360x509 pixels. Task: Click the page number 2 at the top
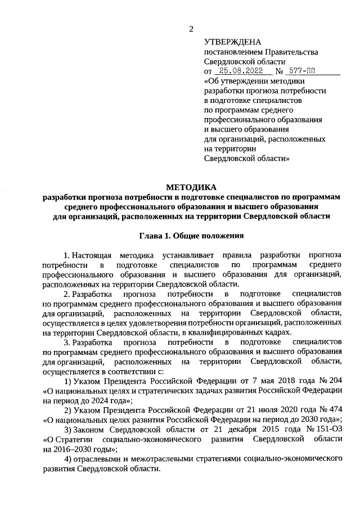[x=191, y=29]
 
